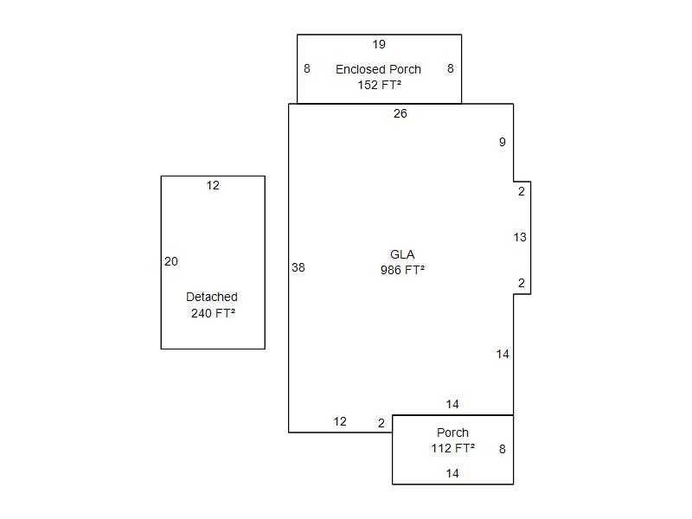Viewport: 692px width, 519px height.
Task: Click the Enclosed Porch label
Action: [x=378, y=69]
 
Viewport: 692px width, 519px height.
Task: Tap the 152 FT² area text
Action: [x=379, y=85]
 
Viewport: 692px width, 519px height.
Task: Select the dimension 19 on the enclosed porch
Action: [x=379, y=44]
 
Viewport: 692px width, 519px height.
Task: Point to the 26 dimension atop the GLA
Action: [x=400, y=113]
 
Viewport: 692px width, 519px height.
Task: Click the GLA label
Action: [x=402, y=254]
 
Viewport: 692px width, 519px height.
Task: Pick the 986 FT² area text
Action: [x=402, y=270]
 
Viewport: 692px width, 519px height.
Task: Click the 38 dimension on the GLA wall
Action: [x=298, y=267]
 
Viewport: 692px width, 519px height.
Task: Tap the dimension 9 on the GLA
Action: [x=503, y=142]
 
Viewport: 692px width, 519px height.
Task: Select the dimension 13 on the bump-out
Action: [x=520, y=237]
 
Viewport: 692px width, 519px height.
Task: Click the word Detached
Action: [x=212, y=297]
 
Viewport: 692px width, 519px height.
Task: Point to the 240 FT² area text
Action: [x=213, y=313]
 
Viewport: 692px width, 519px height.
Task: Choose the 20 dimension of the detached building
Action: [x=171, y=261]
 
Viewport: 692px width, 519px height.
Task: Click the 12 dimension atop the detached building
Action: [x=213, y=185]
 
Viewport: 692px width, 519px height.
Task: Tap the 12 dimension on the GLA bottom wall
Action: [x=340, y=421]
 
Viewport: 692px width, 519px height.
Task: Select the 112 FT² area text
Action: [x=452, y=448]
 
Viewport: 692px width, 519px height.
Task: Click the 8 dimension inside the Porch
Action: [x=503, y=449]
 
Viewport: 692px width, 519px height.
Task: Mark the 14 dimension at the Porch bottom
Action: [x=452, y=473]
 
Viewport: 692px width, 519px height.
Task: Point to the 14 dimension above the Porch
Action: [x=452, y=404]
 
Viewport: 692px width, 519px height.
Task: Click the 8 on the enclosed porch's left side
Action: [x=307, y=68]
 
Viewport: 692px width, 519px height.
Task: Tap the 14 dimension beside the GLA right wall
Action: [x=503, y=354]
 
